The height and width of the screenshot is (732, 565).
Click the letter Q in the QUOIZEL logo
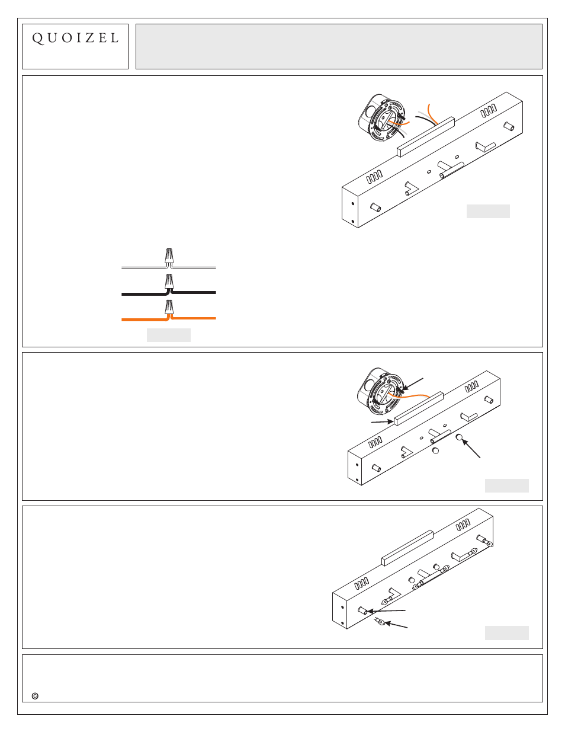click(38, 38)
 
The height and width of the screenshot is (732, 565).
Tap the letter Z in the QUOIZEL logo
click(90, 38)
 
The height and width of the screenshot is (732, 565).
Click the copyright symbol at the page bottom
click(35, 696)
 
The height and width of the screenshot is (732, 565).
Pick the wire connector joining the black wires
click(169, 282)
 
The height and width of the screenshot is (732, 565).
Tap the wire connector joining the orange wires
click(169, 307)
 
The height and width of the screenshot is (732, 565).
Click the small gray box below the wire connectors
click(169, 335)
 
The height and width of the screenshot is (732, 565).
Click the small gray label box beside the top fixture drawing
click(488, 211)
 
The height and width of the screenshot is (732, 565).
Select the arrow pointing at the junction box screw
click(413, 384)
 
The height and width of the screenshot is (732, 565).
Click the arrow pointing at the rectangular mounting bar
click(382, 421)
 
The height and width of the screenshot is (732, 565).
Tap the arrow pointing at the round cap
click(471, 449)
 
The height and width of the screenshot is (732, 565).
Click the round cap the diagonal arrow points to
click(459, 437)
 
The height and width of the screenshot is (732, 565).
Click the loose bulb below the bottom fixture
click(379, 620)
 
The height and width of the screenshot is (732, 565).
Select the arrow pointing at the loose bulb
click(396, 625)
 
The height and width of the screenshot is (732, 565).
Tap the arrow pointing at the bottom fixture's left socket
click(386, 610)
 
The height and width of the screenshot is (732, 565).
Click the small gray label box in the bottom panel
click(506, 632)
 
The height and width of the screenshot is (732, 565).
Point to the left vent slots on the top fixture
click(374, 177)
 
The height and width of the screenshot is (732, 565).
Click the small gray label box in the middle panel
click(506, 485)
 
